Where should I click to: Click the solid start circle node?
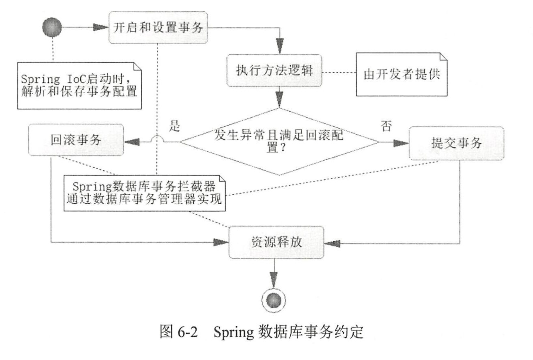tap(52, 27)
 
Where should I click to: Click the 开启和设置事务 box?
tap(158, 27)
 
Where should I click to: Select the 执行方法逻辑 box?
tap(274, 70)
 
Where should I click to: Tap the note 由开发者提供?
tap(402, 74)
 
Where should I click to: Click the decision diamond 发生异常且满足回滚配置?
tap(279, 141)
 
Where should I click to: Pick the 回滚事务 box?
tap(76, 140)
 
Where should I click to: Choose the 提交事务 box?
tap(456, 143)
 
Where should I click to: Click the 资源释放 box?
tap(276, 242)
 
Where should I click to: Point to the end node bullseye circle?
tap(274, 300)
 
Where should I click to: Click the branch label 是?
tap(175, 126)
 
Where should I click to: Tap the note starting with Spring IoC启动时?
tap(79, 86)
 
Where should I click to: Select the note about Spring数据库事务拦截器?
tap(144, 193)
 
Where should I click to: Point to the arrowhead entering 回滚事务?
tap(132, 142)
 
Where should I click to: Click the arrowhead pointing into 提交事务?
tap(401, 143)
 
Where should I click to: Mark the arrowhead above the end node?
tap(274, 280)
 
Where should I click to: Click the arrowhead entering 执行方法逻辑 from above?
tap(280, 47)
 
